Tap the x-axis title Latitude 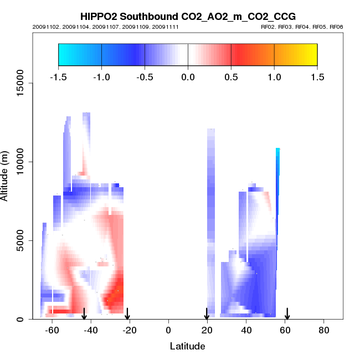[187, 346]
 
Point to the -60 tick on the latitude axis [52, 330]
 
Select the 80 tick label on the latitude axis [324, 330]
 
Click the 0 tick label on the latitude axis [168, 330]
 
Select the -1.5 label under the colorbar [58, 76]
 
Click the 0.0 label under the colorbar [188, 76]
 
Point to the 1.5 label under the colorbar [317, 76]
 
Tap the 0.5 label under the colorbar [231, 76]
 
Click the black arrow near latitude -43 [84, 314]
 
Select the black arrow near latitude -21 [127, 314]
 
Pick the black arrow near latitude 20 [207, 314]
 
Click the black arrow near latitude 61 [287, 314]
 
